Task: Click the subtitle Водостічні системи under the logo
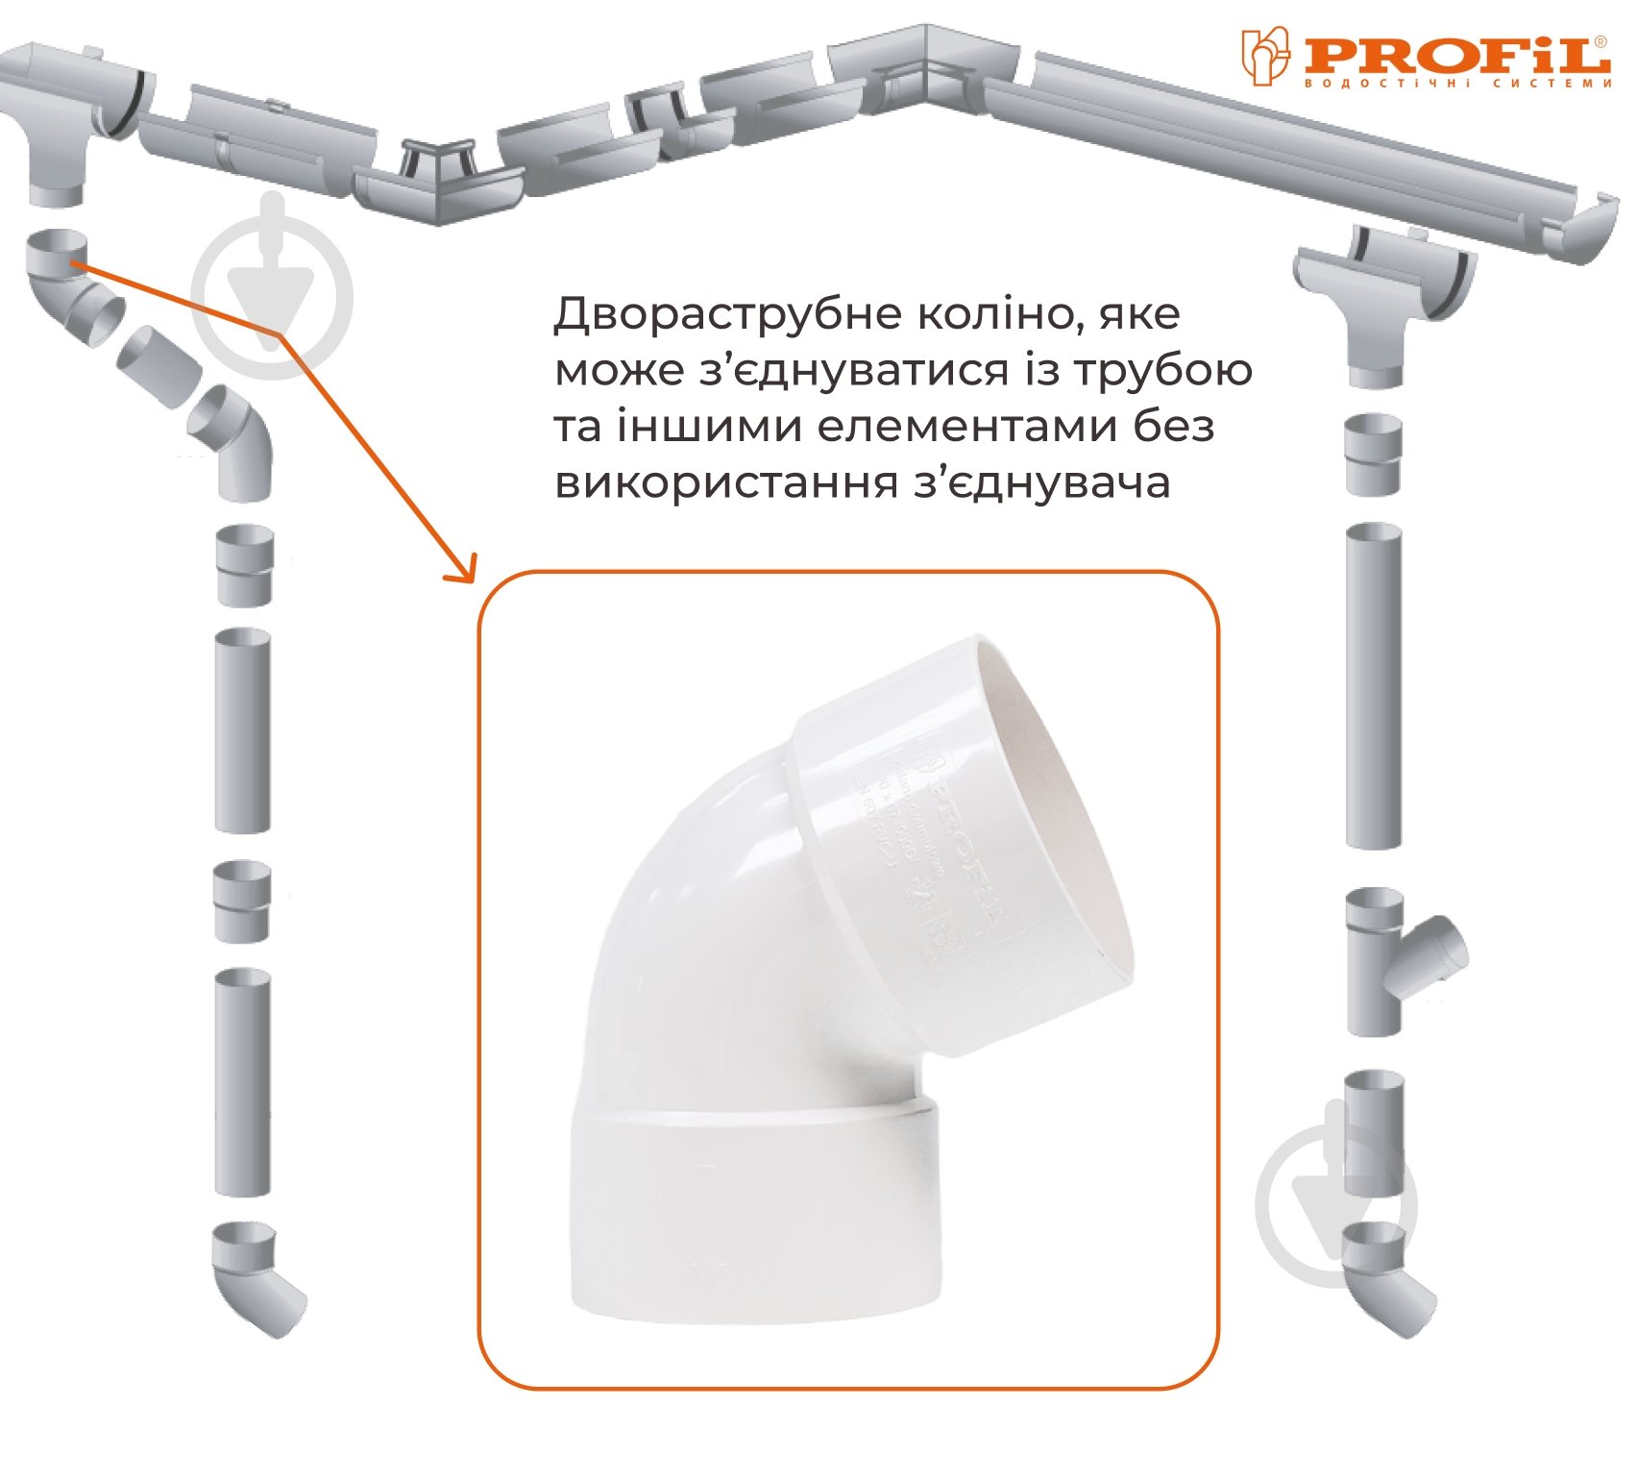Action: pos(1456,84)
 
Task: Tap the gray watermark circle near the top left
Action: pos(273,293)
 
